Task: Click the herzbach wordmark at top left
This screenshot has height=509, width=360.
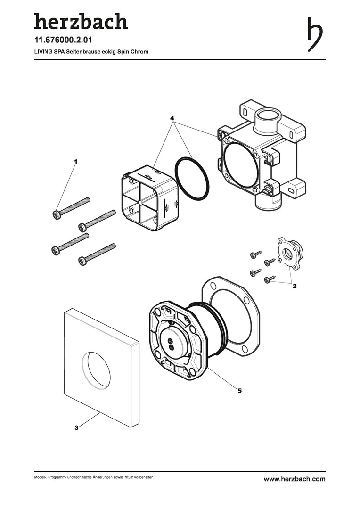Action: (x=81, y=21)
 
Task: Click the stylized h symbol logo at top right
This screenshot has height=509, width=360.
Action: (x=315, y=34)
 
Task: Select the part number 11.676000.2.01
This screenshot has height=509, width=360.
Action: (x=63, y=40)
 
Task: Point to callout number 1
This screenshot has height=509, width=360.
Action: (x=76, y=161)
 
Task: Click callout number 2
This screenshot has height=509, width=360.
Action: (x=295, y=287)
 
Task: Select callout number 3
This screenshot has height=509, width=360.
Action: (x=76, y=428)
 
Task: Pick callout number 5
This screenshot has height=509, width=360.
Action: (x=239, y=391)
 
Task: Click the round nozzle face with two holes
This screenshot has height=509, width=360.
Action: (x=172, y=344)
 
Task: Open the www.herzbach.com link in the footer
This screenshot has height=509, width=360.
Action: (x=294, y=479)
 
